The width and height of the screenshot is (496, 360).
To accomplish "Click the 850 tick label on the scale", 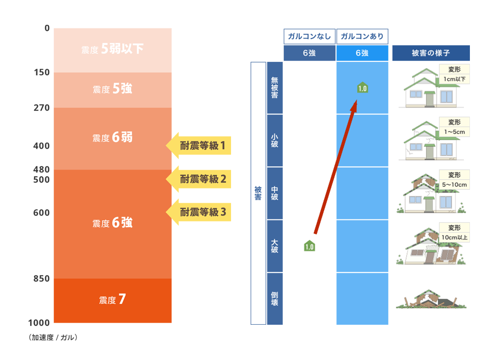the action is pos(41,279).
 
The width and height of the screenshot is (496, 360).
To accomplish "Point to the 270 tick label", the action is pos(42,108).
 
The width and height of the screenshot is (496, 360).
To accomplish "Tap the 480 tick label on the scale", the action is pos(41,169).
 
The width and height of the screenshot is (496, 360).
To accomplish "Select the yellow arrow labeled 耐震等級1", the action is pos(198,146).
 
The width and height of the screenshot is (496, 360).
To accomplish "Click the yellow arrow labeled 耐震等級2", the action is pos(198,179).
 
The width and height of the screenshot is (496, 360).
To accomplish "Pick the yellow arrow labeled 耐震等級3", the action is pos(198,212).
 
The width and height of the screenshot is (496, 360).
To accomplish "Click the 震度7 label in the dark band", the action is pos(113,299).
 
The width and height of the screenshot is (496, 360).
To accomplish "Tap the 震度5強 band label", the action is pos(113,89).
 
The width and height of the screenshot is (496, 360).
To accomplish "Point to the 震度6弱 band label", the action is pos(113,138).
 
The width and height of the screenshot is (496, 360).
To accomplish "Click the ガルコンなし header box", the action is pos(309,37).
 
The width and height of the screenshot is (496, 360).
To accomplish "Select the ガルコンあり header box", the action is pos(362,37).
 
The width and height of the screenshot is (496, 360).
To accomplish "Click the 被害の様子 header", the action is pos(431,53).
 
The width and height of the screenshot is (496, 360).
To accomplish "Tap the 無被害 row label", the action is pos(275,87).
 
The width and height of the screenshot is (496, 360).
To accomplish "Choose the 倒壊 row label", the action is pos(275,299).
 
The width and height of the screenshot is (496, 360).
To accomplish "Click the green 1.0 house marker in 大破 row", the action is pos(309,246).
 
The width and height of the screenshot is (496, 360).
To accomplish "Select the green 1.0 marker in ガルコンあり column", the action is pos(362,87).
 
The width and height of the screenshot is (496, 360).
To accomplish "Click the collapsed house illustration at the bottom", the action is pos(431,299).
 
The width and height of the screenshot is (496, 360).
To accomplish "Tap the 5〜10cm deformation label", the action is pos(454,185).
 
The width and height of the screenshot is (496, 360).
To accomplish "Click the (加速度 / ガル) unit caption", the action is pos(53,337).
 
